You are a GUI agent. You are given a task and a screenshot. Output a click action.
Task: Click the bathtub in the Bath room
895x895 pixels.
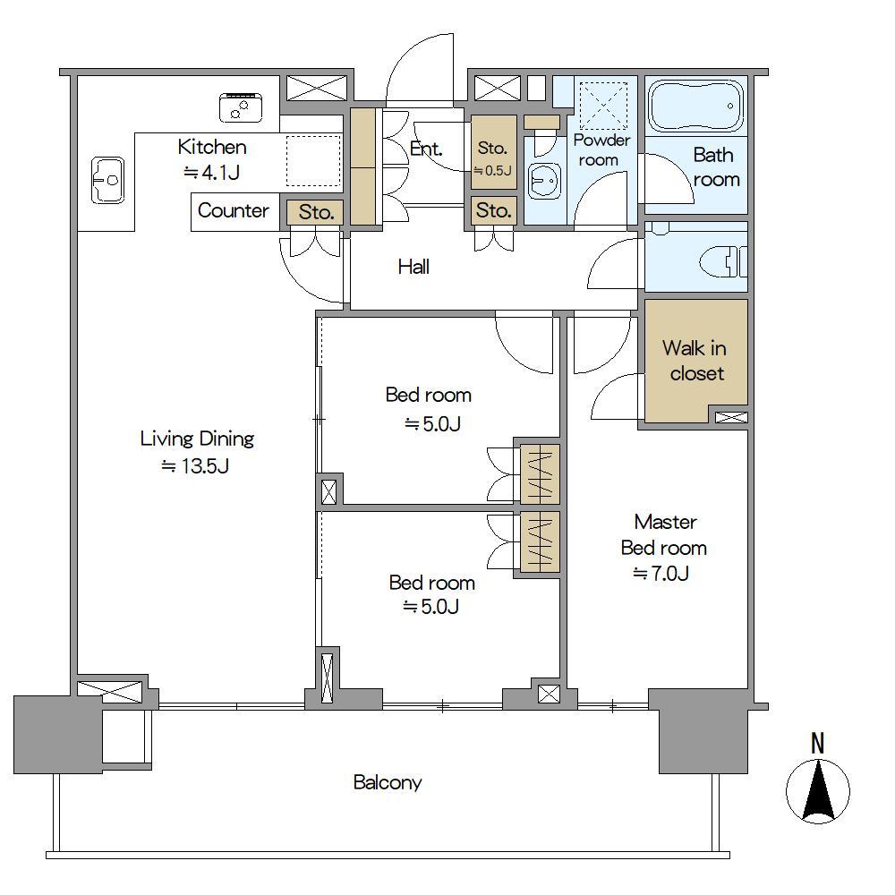(x=696, y=105)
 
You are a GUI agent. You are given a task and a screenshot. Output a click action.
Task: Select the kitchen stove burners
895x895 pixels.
(x=241, y=107)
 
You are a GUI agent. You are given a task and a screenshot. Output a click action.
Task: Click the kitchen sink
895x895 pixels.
(x=108, y=181)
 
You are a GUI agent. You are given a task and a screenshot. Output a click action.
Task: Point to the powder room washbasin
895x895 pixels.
(x=544, y=181)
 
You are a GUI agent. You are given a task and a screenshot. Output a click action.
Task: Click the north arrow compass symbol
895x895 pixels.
(x=818, y=791)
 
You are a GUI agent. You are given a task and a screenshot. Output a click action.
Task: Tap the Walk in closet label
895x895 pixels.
(x=695, y=360)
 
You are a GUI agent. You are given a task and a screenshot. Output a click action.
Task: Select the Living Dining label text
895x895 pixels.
(x=197, y=439)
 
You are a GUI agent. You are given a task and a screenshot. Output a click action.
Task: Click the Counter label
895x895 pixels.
(x=234, y=210)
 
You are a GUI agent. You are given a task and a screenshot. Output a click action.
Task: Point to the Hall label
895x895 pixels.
(x=413, y=267)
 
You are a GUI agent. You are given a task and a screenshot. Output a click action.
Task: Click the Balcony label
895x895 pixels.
(x=388, y=782)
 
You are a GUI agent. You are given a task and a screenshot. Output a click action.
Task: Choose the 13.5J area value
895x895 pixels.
(x=195, y=466)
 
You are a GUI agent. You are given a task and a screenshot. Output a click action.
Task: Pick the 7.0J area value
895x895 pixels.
(x=661, y=573)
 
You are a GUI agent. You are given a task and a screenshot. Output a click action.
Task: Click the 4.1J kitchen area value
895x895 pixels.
(x=211, y=172)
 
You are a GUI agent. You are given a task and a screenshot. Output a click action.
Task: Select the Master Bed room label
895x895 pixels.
(x=664, y=535)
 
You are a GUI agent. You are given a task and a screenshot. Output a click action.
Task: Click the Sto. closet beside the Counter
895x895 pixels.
(x=316, y=212)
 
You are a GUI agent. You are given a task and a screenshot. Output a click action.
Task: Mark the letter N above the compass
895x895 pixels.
(x=818, y=743)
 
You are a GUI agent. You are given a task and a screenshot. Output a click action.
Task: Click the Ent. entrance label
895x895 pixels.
(x=426, y=149)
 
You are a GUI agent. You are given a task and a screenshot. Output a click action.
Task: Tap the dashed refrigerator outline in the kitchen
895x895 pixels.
(x=313, y=160)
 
